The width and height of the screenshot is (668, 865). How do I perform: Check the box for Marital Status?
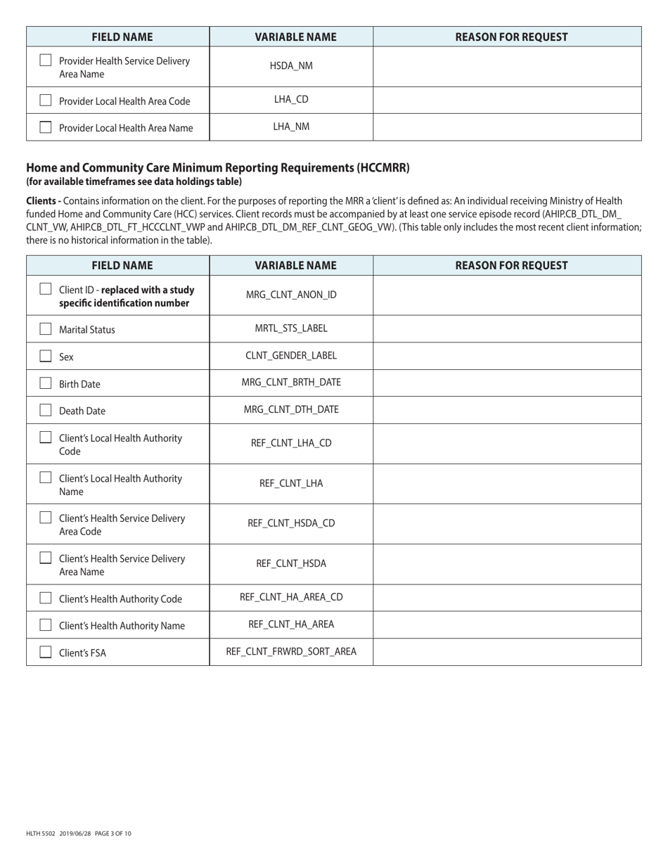click(46, 329)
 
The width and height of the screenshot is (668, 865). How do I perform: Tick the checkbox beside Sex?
click(46, 356)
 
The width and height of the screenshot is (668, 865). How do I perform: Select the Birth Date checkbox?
click(46, 383)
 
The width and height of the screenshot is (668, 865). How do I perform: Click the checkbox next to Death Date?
click(46, 410)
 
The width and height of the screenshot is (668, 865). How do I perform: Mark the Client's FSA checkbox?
click(46, 652)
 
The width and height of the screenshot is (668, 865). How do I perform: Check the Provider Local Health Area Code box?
click(46, 101)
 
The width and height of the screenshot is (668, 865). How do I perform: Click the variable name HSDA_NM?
click(291, 66)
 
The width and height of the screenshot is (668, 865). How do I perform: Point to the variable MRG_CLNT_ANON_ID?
click(291, 295)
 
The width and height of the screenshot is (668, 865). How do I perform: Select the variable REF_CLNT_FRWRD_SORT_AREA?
click(291, 651)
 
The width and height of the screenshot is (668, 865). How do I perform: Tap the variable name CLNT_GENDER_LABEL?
click(291, 355)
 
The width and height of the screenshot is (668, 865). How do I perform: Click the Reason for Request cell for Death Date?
click(507, 410)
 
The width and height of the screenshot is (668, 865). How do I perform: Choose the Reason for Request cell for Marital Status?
click(507, 328)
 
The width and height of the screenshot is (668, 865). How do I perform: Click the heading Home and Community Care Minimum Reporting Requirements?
click(218, 168)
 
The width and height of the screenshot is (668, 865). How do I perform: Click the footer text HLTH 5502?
click(41, 833)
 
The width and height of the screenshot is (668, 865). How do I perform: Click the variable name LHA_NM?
click(291, 127)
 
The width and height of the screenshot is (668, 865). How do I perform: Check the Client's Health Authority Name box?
click(46, 625)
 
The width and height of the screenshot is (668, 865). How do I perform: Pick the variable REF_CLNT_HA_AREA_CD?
click(291, 597)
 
